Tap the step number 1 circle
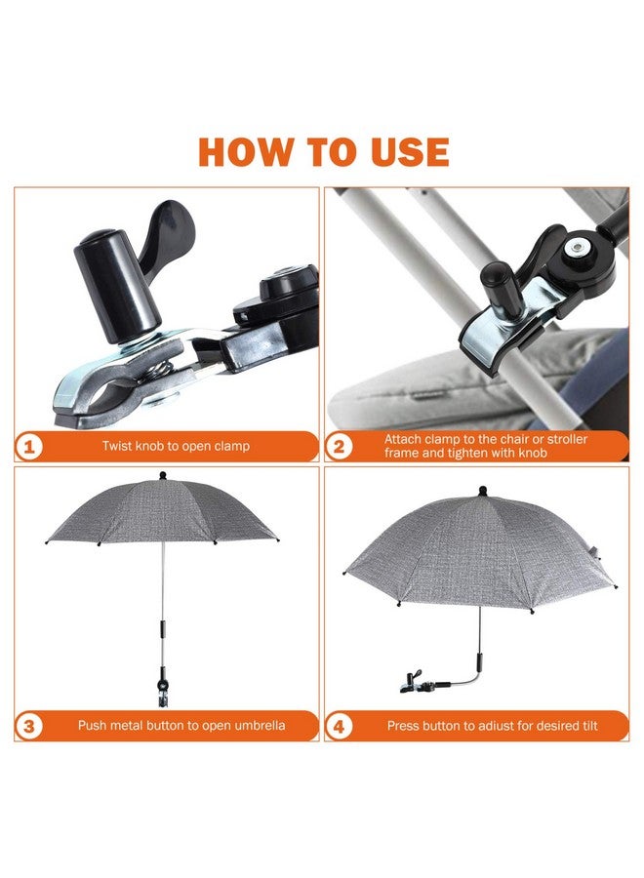(30, 447)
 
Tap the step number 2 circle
(340, 447)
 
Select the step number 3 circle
(30, 726)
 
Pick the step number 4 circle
(340, 726)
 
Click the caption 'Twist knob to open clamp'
(176, 447)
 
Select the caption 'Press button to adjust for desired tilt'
(492, 726)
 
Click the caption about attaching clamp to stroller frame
(486, 447)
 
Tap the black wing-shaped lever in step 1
(166, 234)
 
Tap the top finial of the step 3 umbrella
(162, 476)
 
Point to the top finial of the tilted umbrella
(482, 492)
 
